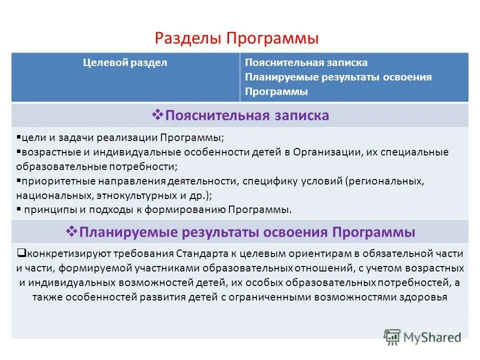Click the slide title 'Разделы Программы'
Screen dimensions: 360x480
pos(236,39)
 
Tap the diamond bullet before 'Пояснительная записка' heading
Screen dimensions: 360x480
pos(157,115)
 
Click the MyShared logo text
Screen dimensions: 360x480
pos(433,336)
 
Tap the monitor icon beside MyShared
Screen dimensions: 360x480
pos(392,336)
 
